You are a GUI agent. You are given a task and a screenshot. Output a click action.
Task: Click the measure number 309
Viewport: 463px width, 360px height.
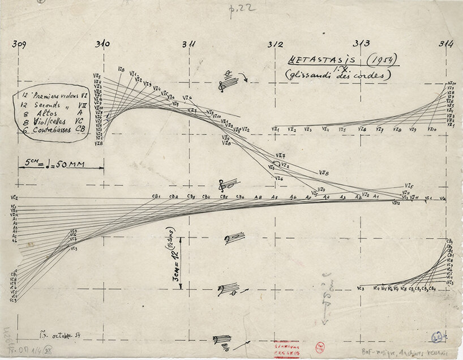pyautogui.click(x=20, y=43)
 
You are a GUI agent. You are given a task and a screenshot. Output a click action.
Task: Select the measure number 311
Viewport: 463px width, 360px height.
pyautogui.click(x=189, y=44)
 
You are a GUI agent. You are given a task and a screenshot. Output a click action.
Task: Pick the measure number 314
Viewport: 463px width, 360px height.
pyautogui.click(x=444, y=44)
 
